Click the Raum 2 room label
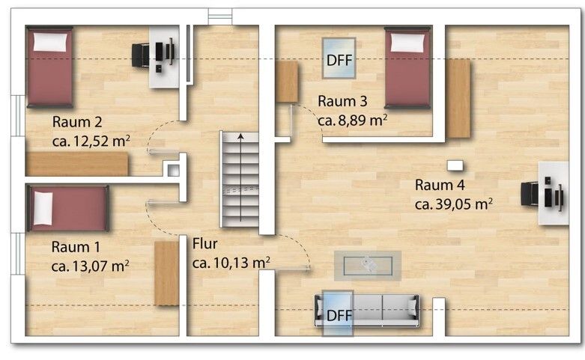77,122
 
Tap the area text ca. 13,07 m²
91,266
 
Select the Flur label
204,244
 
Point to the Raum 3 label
342,101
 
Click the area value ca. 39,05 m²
454,204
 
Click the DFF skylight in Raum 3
339,58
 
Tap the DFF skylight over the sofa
338,313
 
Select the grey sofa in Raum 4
367,311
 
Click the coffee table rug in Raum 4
368,266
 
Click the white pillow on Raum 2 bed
50,42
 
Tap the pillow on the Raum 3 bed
407,43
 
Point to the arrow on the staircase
240,177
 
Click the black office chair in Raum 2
141,55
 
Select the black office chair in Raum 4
530,194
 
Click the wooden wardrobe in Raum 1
167,273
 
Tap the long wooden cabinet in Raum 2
76,164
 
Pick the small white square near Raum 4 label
455,165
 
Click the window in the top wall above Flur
220,16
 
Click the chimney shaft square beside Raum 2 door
174,171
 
